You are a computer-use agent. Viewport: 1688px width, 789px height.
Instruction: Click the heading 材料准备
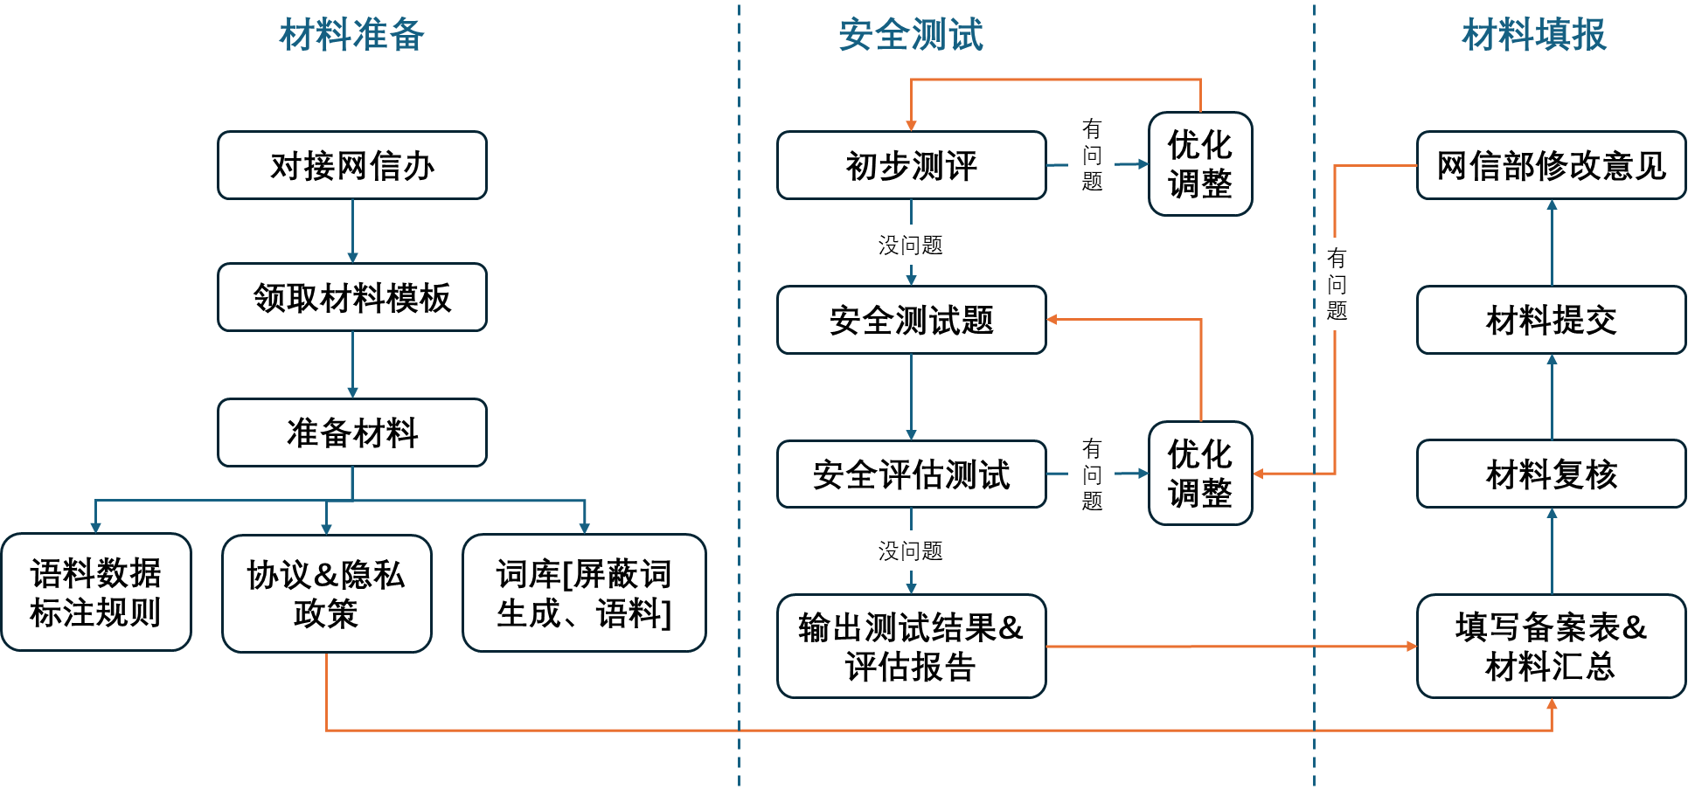[351, 36]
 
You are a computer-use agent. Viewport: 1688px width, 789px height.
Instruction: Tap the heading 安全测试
[911, 36]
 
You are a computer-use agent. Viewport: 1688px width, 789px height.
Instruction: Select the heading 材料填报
[1534, 36]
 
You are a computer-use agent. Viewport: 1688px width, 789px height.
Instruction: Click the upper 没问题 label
[910, 245]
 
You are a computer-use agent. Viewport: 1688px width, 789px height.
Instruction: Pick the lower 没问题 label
[910, 550]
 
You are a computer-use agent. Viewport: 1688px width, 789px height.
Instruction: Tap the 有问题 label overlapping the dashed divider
[1337, 284]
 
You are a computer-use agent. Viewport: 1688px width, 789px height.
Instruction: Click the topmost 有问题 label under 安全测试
[1091, 156]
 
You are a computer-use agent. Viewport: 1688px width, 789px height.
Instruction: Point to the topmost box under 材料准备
[352, 165]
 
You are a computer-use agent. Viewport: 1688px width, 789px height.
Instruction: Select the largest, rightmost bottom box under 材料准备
[584, 592]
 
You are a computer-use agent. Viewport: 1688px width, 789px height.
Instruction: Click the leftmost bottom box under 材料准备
[96, 592]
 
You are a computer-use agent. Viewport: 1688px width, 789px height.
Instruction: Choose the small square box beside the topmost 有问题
[1200, 163]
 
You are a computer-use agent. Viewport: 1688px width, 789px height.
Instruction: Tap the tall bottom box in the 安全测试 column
[911, 646]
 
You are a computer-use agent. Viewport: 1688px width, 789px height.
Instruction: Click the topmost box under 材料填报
[1551, 165]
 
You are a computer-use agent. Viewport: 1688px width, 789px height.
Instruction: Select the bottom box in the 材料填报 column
[1551, 646]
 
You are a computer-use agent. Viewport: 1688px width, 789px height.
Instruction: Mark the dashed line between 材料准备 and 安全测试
[739, 393]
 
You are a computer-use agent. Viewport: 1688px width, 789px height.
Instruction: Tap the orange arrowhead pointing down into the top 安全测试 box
[911, 125]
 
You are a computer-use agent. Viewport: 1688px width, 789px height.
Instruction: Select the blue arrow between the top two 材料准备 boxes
[352, 231]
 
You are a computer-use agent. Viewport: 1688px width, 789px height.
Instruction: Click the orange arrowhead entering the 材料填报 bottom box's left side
[1411, 647]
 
